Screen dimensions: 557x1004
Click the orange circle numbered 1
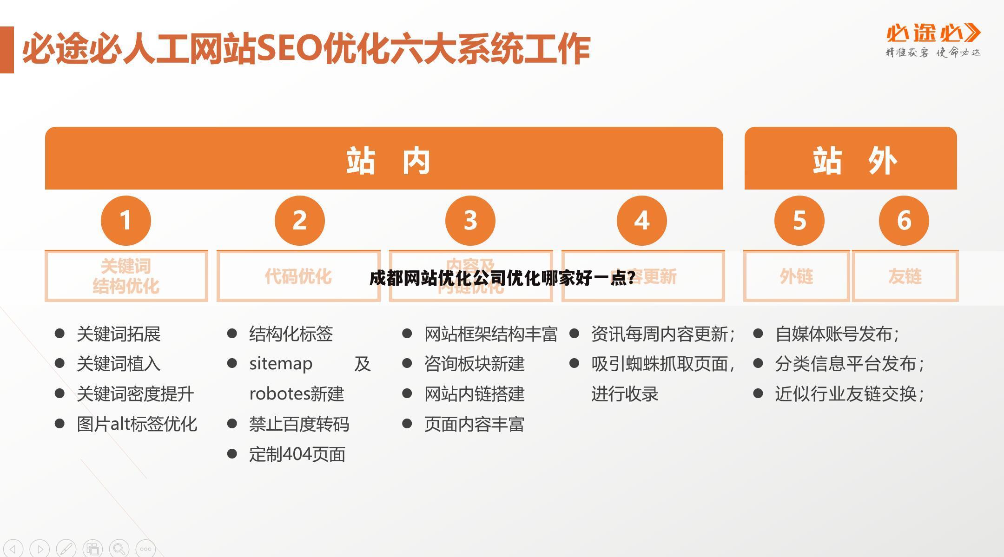coord(126,220)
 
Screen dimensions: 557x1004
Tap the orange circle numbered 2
coord(300,220)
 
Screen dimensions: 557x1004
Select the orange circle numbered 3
coord(470,220)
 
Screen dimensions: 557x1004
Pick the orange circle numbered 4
coord(642,220)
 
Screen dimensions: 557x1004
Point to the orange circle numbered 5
coord(799,220)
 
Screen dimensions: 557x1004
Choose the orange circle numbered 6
coord(904,220)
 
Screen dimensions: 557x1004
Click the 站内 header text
coord(389,161)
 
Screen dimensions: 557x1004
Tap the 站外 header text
coord(854,161)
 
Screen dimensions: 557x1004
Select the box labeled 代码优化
coord(298,276)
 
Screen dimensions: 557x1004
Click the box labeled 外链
coord(796,276)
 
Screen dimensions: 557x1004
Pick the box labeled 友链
coord(905,276)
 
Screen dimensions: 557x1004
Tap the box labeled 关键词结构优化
coord(126,276)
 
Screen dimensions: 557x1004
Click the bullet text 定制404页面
coord(297,454)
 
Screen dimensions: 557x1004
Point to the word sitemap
coord(281,364)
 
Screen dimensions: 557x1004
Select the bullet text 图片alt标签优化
coord(137,424)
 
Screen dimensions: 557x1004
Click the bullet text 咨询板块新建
coord(474,364)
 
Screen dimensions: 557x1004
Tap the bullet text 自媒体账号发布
coord(837,334)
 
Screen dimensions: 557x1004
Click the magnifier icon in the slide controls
coord(119,549)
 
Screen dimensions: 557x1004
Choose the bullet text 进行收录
coord(625,394)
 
